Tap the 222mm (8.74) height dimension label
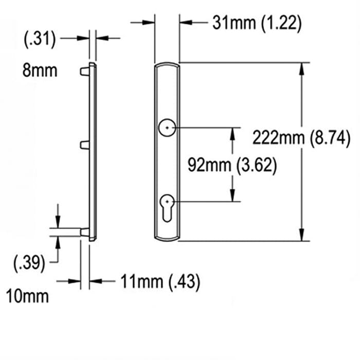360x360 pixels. (301, 138)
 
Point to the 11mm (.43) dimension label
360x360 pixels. (160, 281)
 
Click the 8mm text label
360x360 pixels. (40, 70)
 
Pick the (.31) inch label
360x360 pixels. (40, 39)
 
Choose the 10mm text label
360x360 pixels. (28, 297)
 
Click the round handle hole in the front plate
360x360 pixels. (167, 128)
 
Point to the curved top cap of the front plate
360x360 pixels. (167, 66)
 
